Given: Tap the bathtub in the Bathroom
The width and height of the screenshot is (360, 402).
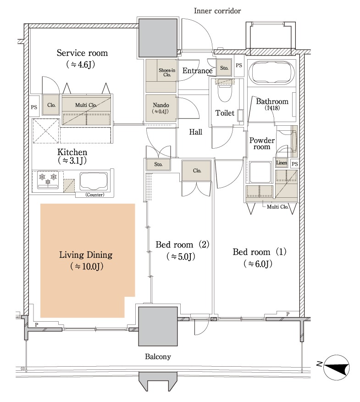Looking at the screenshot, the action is point(271,73).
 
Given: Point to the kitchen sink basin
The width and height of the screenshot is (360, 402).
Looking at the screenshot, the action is point(94,181).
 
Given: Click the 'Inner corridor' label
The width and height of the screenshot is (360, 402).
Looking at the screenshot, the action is point(217,11).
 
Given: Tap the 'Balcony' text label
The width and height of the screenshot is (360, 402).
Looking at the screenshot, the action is point(158,357).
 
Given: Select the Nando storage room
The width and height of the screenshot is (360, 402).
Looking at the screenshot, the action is point(161,108).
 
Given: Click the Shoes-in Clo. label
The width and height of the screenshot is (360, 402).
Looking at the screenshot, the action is point(167,73).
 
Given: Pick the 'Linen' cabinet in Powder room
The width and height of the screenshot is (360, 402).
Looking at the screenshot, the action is point(282,163).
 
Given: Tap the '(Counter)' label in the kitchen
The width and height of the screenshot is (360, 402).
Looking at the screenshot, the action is point(95,195).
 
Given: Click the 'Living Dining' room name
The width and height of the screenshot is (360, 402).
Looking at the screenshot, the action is point(86,255).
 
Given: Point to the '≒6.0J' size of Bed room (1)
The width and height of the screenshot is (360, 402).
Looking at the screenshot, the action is point(258,264).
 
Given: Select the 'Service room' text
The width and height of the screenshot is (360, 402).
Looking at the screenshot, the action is point(82,53).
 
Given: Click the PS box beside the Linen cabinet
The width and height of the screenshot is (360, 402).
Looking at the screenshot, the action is point(295,164).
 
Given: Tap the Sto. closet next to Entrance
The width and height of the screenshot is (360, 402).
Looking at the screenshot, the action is point(224,67).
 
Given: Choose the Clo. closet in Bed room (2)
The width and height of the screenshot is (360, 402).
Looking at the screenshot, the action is point(197,171).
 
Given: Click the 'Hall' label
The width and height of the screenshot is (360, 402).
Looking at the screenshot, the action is point(195,132).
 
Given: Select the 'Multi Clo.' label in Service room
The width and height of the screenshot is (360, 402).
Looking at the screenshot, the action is point(86,105).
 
